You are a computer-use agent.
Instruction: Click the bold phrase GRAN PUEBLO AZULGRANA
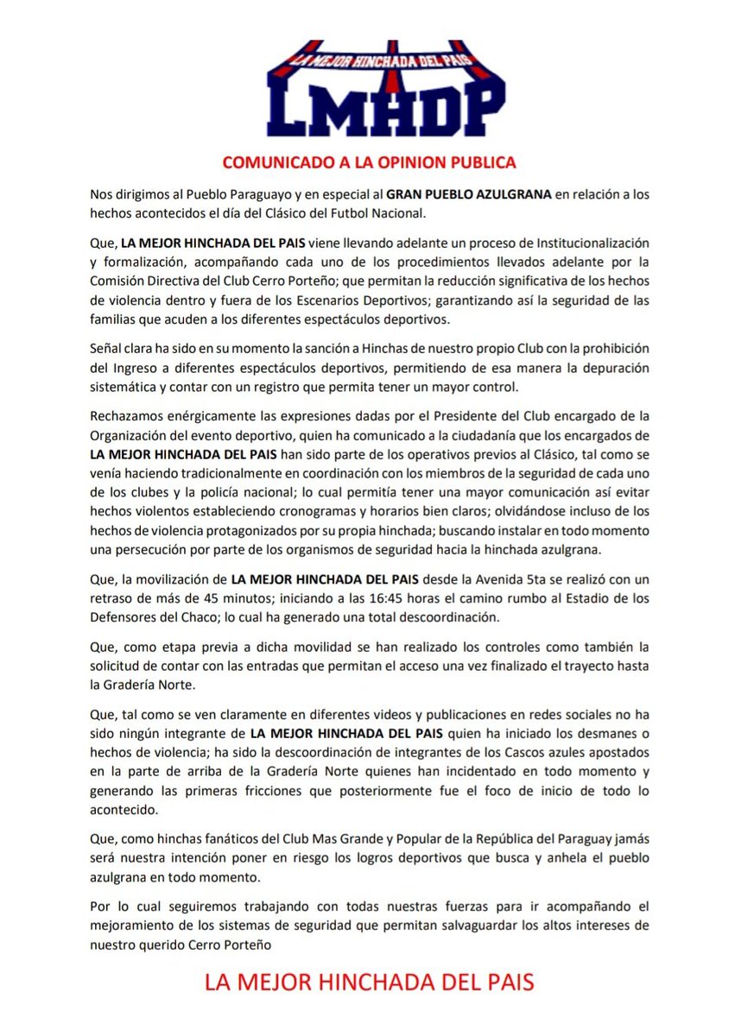tap(467, 195)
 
